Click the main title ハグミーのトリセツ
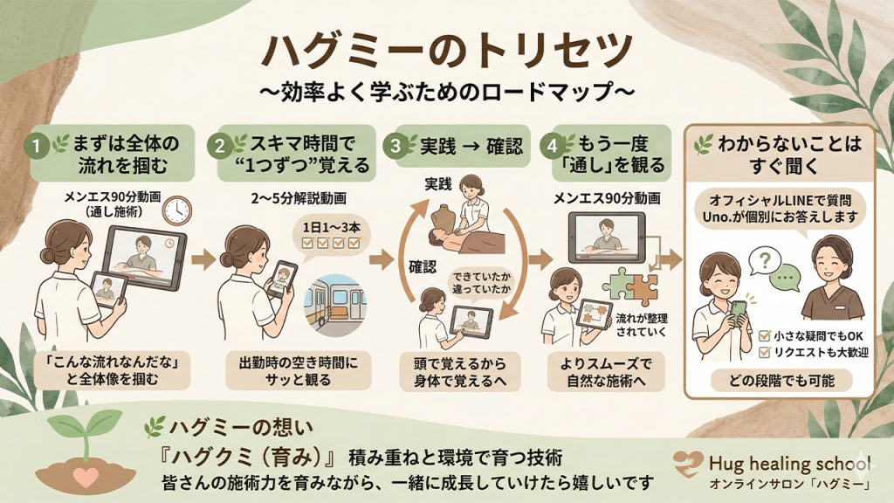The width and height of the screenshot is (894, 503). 447,50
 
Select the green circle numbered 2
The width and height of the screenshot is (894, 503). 218,144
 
